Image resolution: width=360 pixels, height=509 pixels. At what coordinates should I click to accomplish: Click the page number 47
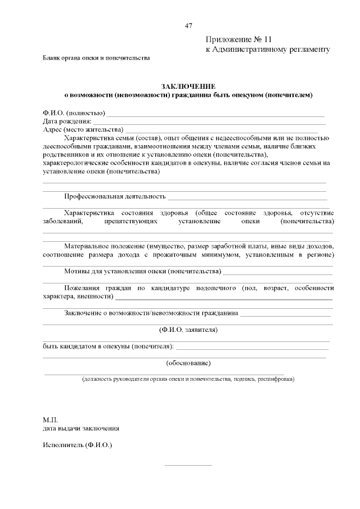pos(188,25)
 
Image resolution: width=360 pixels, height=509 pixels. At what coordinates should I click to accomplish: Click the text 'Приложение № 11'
pos(238,40)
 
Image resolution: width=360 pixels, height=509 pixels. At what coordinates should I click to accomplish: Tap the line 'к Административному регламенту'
pos(267,49)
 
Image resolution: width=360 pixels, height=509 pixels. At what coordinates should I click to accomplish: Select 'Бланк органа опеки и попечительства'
pos(96,58)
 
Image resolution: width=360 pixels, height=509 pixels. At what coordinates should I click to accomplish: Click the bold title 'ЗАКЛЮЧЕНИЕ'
pos(188,86)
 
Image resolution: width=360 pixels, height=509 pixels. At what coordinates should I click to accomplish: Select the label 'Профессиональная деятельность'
pos(115,197)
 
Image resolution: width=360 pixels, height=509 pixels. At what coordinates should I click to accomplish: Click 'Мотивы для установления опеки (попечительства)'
pos(142,272)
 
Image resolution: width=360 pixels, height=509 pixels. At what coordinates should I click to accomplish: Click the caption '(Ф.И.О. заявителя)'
pos(188,329)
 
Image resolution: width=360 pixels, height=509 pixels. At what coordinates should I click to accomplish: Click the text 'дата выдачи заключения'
pos(80,428)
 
